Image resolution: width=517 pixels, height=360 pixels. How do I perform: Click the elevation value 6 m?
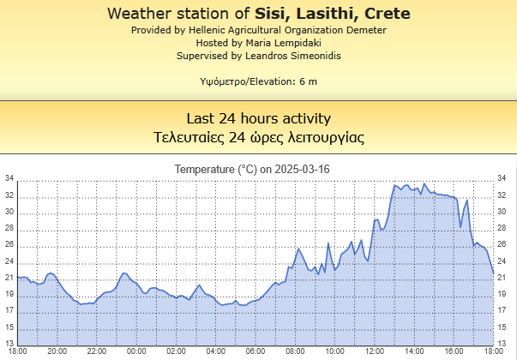click(308, 81)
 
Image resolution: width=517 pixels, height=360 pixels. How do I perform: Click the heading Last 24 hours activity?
click(258, 118)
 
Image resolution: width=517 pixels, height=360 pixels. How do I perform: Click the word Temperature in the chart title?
click(204, 169)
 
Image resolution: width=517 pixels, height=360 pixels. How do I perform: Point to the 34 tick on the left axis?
click(9, 179)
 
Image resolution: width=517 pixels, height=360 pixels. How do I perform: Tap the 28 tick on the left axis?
click(9, 228)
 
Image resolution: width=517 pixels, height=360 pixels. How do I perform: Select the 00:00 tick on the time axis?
click(136, 351)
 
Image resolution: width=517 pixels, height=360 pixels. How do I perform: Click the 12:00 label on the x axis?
click(375, 351)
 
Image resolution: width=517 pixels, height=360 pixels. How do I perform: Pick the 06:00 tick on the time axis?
click(255, 351)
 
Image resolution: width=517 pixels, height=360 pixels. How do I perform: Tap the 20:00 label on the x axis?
click(57, 351)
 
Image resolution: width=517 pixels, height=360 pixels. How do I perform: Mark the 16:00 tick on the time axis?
click(454, 351)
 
